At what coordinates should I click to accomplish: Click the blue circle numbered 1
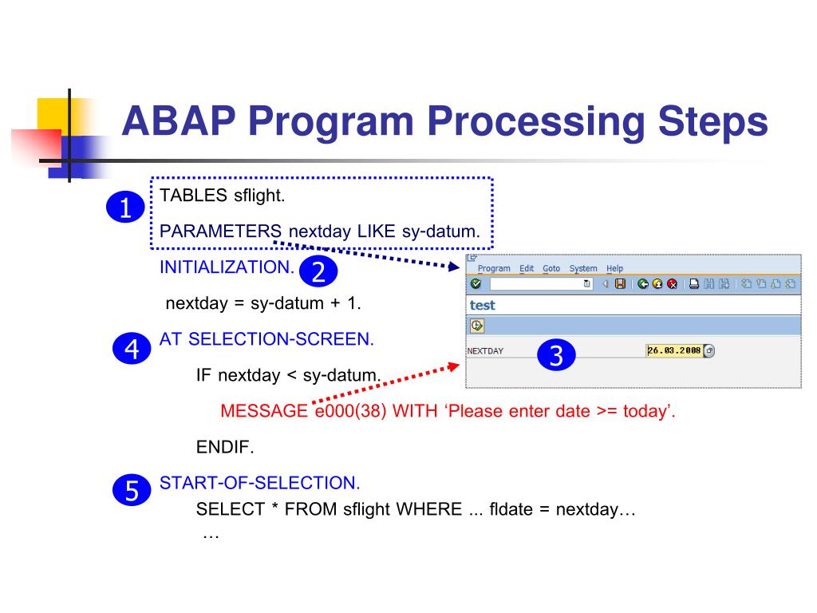pyautogui.click(x=125, y=208)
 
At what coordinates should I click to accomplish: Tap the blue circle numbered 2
pyautogui.click(x=318, y=272)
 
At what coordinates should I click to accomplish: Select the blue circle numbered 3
pyautogui.click(x=557, y=355)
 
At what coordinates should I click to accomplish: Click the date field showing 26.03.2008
pyautogui.click(x=674, y=350)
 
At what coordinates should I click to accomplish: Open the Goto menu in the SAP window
pyautogui.click(x=551, y=268)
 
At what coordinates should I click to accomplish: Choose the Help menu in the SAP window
pyautogui.click(x=614, y=268)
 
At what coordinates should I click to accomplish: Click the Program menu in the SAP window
pyautogui.click(x=494, y=268)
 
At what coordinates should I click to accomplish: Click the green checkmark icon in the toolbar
pyautogui.click(x=476, y=283)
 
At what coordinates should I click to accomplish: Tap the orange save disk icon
pyautogui.click(x=620, y=283)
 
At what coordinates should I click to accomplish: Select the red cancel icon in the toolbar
pyautogui.click(x=672, y=283)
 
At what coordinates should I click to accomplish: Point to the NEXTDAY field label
pyautogui.click(x=485, y=351)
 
